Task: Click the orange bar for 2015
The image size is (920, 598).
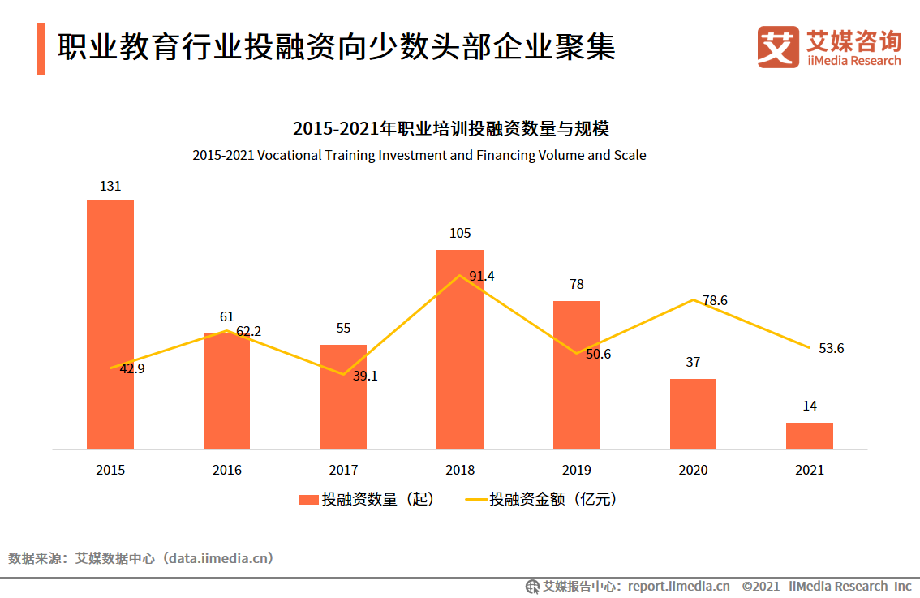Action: pyautogui.click(x=110, y=325)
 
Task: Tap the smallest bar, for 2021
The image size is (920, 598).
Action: pyautogui.click(x=810, y=436)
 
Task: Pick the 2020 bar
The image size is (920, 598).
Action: pyautogui.click(x=693, y=414)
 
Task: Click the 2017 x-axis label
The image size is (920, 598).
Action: pyautogui.click(x=343, y=470)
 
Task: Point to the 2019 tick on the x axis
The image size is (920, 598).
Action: pyautogui.click(x=577, y=470)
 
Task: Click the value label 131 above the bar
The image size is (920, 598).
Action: pyautogui.click(x=110, y=186)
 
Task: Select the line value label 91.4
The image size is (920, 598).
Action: pyautogui.click(x=482, y=276)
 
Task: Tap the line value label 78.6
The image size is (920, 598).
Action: pyautogui.click(x=715, y=300)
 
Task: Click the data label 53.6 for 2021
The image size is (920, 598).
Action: pyautogui.click(x=832, y=348)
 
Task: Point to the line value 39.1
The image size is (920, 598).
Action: pyautogui.click(x=365, y=376)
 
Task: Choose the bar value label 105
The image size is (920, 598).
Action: pyautogui.click(x=460, y=234)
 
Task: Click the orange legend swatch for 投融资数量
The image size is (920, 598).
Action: pyautogui.click(x=308, y=500)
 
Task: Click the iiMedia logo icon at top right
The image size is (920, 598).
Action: pyautogui.click(x=778, y=47)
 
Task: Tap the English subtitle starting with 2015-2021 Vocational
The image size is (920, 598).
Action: pyautogui.click(x=419, y=155)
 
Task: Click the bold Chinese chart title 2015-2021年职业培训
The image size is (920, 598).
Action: pyautogui.click(x=450, y=128)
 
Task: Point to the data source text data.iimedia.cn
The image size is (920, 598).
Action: pyautogui.click(x=219, y=558)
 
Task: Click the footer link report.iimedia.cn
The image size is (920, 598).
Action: pyautogui.click(x=678, y=586)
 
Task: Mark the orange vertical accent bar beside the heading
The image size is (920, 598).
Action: pyautogui.click(x=41, y=49)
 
